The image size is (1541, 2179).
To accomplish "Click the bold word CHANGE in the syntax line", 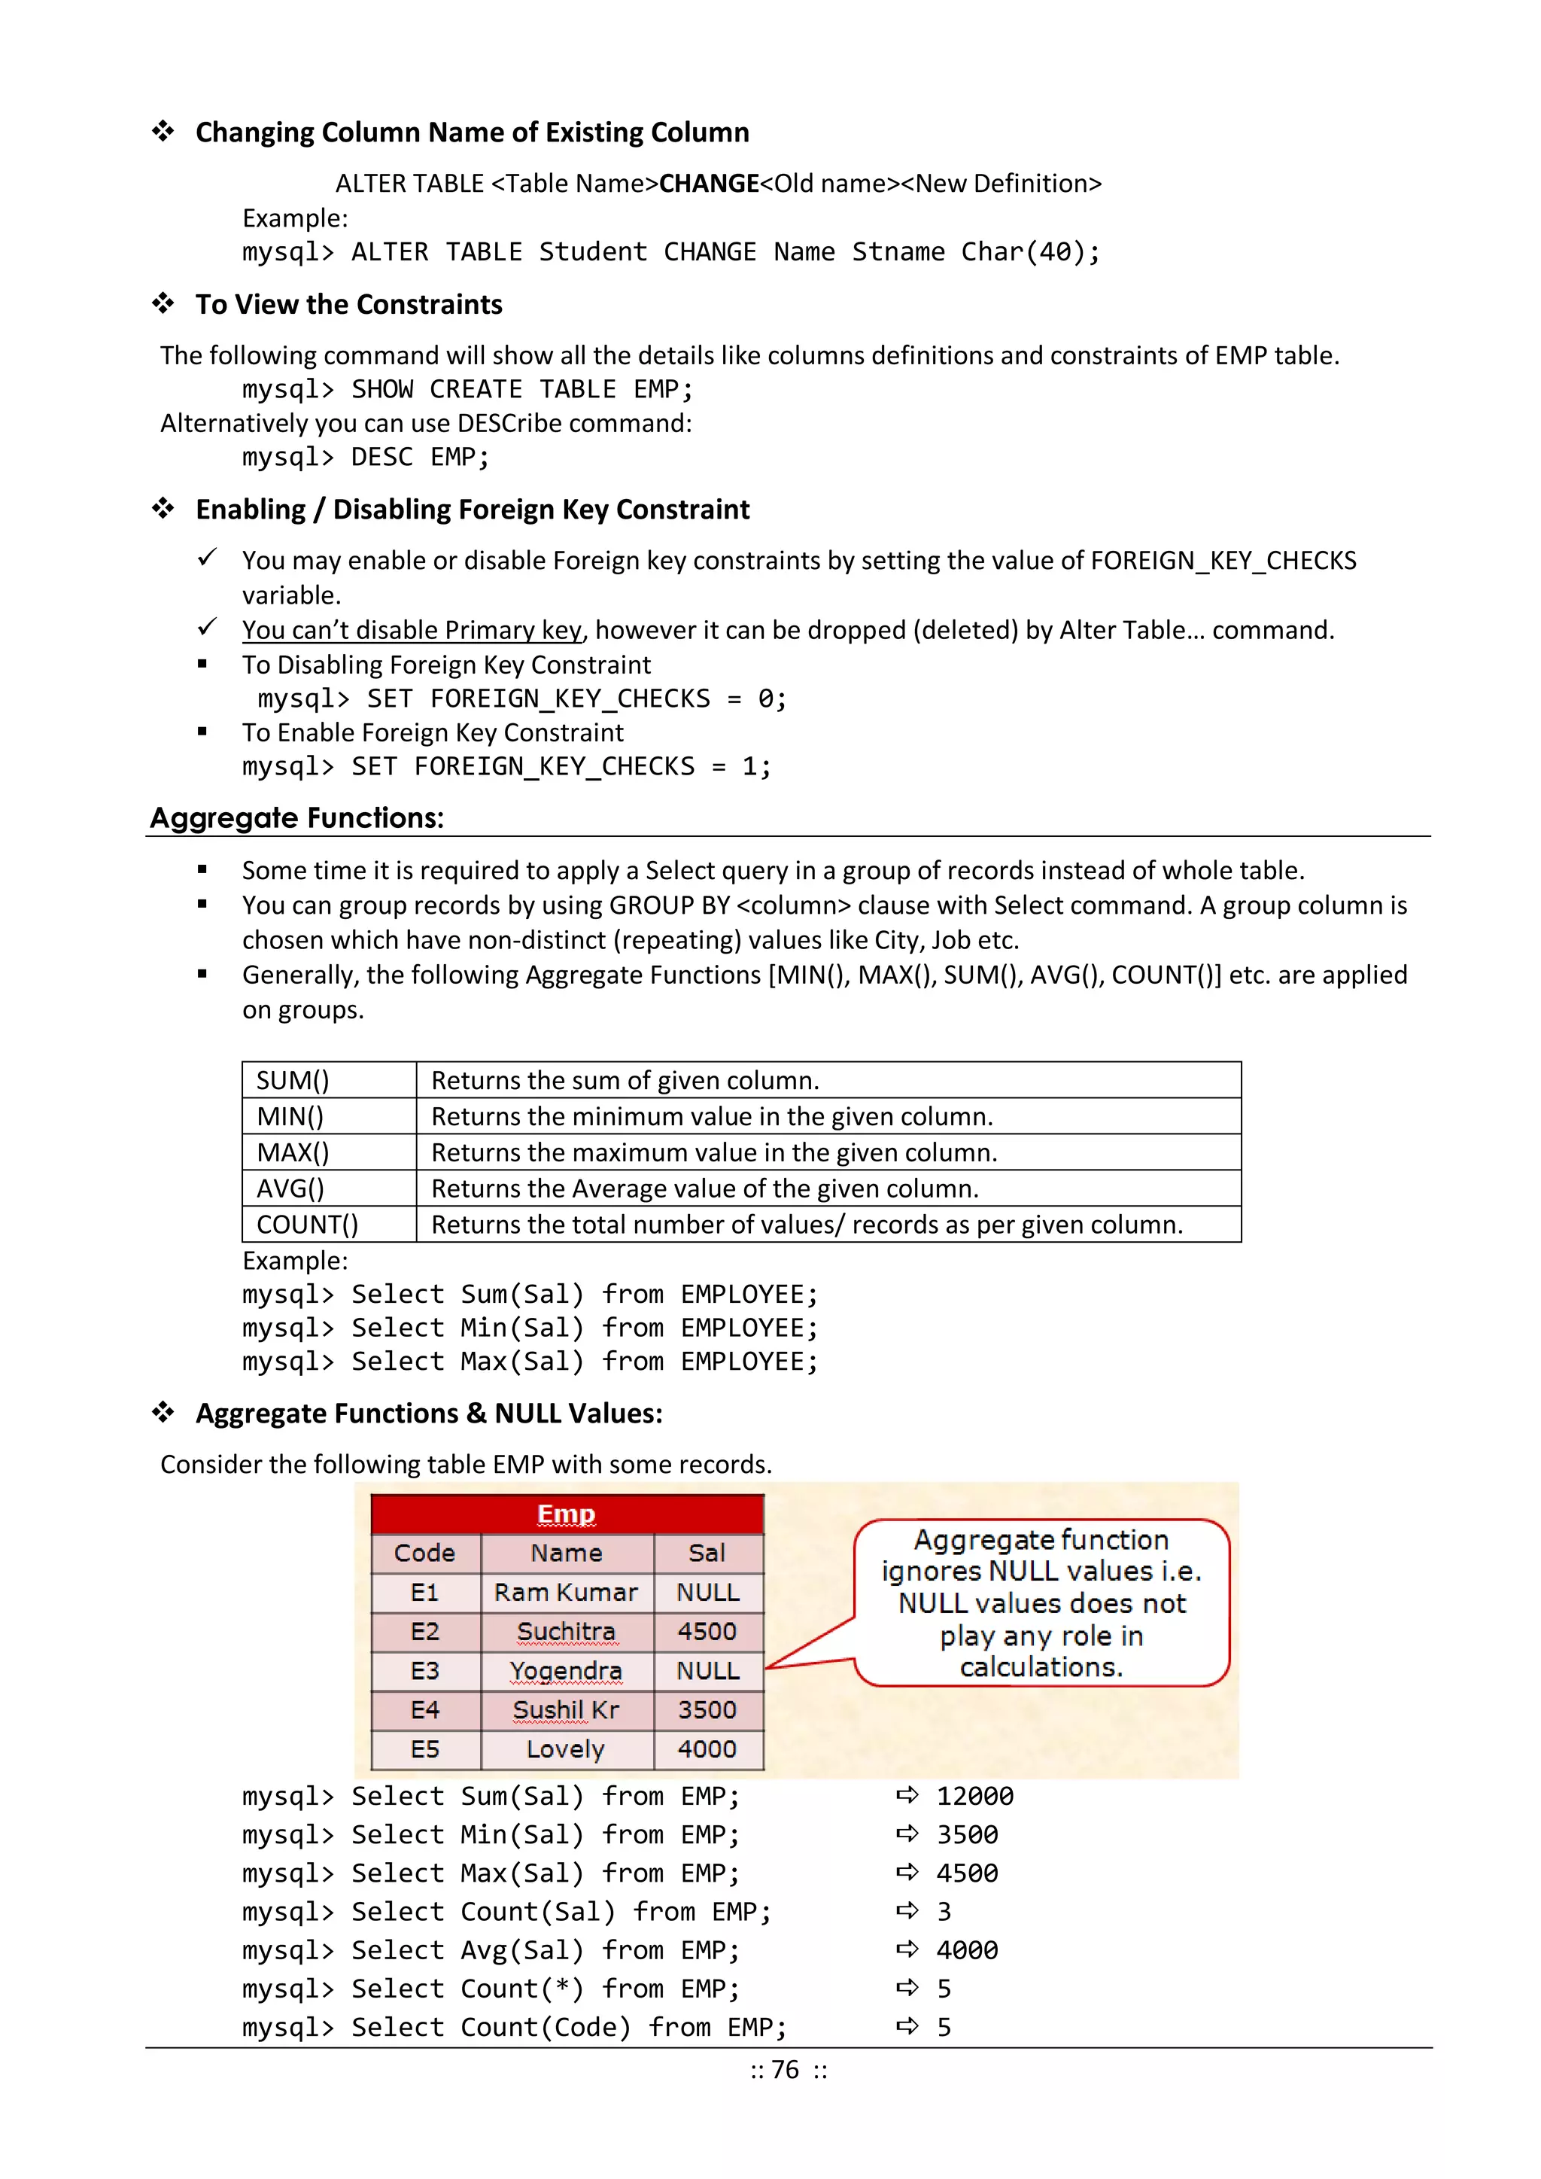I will (x=709, y=183).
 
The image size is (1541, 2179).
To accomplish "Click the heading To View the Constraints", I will (x=348, y=305).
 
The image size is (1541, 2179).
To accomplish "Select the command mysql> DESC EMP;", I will (x=366, y=458).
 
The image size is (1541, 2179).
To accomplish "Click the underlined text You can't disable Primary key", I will (x=412, y=630).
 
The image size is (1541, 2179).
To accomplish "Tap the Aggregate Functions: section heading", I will (x=297, y=818).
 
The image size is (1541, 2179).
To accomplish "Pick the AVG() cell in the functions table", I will (x=290, y=1188).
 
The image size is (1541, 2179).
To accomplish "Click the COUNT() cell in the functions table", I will (x=308, y=1225).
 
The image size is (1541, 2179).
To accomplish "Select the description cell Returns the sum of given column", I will (x=625, y=1080).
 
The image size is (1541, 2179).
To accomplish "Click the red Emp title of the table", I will (x=567, y=1514).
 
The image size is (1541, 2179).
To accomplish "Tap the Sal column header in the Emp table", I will (x=707, y=1554).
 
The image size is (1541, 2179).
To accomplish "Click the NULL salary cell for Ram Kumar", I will (x=707, y=1593).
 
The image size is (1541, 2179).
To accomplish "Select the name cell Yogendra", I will (x=566, y=1671).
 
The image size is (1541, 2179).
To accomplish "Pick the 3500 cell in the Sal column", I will (x=707, y=1710).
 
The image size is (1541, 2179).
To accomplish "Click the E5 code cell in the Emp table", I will (x=425, y=1749).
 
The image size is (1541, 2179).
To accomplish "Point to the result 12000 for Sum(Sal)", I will (x=974, y=1797).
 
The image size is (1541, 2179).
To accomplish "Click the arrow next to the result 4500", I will (x=907, y=1873).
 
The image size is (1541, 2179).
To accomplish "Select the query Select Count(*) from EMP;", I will (x=491, y=1989).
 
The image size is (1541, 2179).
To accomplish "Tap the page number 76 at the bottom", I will (x=785, y=2070).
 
